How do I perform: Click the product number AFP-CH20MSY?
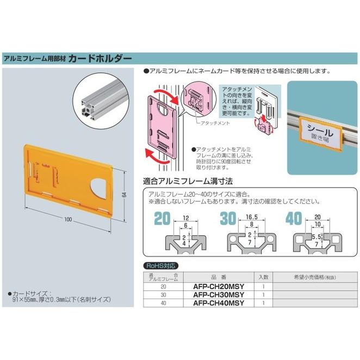(217, 286)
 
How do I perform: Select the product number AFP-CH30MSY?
(217, 295)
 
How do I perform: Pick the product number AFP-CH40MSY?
(217, 303)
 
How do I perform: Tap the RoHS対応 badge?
(162, 266)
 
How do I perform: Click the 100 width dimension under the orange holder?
(67, 220)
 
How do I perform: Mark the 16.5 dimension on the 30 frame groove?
(251, 216)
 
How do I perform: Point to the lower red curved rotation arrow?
(158, 158)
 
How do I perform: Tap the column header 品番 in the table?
(216, 276)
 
